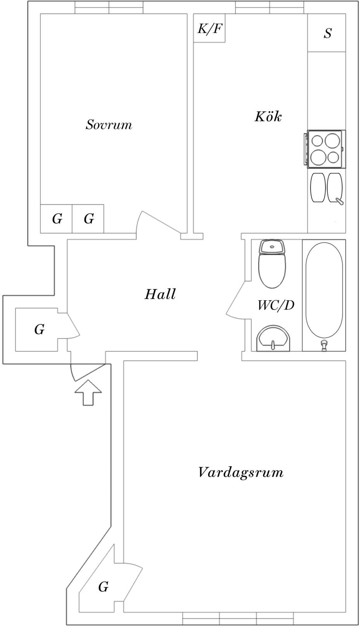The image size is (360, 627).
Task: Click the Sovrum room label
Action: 109,125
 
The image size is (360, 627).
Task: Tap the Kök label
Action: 268,117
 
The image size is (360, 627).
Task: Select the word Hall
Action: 160,294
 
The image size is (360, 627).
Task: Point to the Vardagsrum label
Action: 241,473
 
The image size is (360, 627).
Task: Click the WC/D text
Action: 276,305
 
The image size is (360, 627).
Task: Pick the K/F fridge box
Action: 209,28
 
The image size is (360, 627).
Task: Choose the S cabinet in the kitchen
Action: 327,33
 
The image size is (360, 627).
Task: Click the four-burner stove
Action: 325,149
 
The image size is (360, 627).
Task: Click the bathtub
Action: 324,295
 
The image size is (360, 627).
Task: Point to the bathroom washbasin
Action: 273,338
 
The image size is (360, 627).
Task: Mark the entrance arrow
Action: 88,392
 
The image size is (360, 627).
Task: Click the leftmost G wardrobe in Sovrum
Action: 57,219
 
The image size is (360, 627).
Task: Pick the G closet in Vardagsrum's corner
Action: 103,587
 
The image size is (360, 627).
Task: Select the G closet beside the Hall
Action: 39,330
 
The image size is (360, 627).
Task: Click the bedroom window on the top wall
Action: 109,7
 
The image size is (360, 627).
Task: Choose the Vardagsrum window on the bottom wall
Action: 237,617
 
